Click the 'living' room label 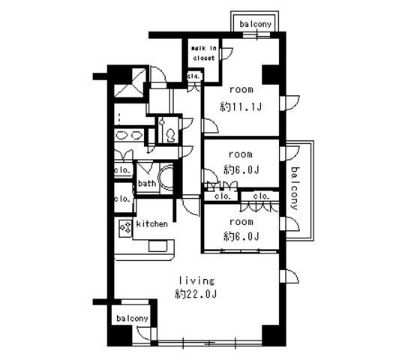coord(196,280)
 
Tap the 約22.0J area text coord(196,294)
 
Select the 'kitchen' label coord(151,223)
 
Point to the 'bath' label coord(147,183)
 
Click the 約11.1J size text coord(241,106)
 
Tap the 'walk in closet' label coord(203,53)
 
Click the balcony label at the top coord(256,24)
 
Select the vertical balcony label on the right coord(295,188)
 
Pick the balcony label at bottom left coord(132,319)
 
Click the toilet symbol coord(170,135)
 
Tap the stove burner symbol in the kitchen coord(125,229)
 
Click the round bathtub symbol coord(166,178)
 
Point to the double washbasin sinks coord(129,135)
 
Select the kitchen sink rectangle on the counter coord(157,246)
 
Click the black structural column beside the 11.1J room coord(271,75)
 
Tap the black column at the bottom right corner coord(271,334)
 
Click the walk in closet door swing coord(226,54)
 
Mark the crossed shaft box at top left coord(129,83)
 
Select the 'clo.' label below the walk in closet coord(193,76)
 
